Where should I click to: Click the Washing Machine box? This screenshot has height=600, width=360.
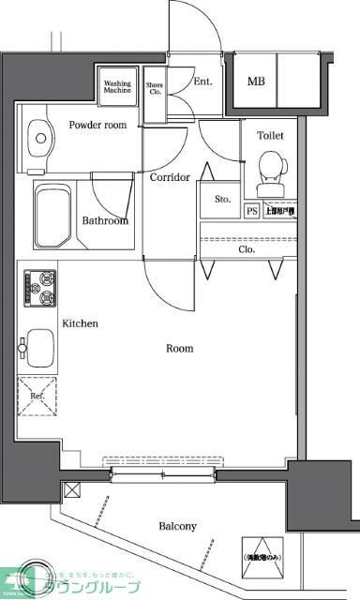(117, 86)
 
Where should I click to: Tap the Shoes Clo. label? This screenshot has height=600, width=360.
(155, 89)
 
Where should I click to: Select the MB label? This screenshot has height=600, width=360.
(256, 82)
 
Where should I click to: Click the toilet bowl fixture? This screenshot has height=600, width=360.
(271, 170)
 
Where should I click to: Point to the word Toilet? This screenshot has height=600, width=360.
(270, 136)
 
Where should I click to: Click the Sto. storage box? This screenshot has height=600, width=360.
(222, 199)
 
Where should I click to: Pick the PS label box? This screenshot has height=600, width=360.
(251, 211)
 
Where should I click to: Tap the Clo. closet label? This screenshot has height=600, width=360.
(247, 249)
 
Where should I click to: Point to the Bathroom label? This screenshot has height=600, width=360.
(105, 221)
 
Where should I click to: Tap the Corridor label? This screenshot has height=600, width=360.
(170, 177)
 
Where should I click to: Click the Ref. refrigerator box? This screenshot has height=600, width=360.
(38, 396)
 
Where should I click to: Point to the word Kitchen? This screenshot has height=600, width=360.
(81, 323)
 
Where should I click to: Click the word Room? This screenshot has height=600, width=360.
(180, 349)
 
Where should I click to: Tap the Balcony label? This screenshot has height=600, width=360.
(177, 526)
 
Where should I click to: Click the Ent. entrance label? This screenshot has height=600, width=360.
(203, 82)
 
